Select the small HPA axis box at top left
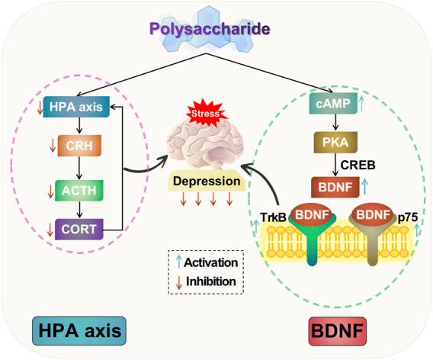point(74,107)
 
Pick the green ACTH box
point(74,187)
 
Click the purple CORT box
point(74,227)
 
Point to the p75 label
point(406,217)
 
